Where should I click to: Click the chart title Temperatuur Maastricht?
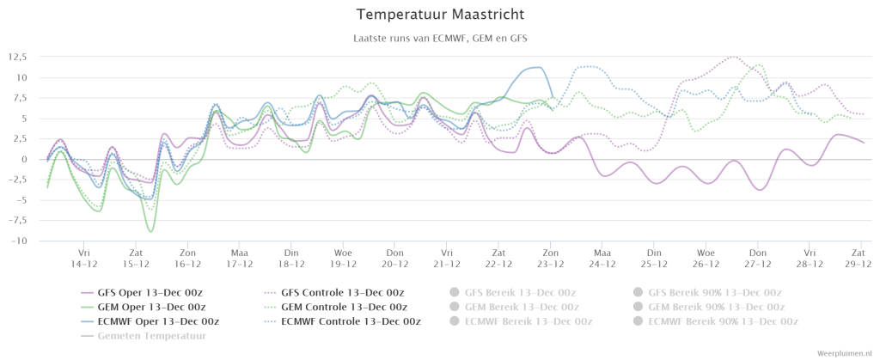coord(441,14)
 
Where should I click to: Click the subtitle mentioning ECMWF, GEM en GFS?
coord(441,39)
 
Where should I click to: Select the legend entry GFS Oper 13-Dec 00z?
coord(144,292)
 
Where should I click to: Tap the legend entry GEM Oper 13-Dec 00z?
coord(144,307)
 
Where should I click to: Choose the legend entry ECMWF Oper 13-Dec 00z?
coord(150,321)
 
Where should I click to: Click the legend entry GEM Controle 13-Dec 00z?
coord(336,307)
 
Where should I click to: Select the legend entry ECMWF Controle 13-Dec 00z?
coord(343,321)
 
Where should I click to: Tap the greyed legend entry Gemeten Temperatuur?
coord(144,336)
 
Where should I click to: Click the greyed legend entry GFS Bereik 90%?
coord(707,292)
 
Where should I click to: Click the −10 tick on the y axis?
coord(21,241)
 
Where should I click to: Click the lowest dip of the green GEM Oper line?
coord(150,231)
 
